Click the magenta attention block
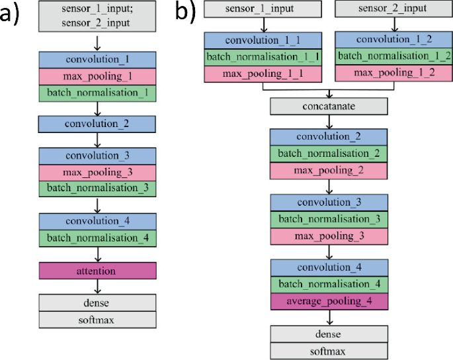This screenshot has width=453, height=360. pos(97,271)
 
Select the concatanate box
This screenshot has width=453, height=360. pos(328,106)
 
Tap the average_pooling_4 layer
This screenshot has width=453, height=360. pos(328,302)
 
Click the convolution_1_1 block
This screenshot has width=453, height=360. pos(263,40)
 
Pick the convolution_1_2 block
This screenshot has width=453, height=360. pos(393,40)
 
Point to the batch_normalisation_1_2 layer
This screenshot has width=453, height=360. pos(393,56)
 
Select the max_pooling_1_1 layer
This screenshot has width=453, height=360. pos(263,72)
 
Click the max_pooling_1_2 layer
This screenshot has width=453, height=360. pos(393,72)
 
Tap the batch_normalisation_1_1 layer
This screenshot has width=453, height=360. pos(263,56)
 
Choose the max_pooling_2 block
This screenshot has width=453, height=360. pos(328,170)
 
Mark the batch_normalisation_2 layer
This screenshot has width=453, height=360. pos(328,154)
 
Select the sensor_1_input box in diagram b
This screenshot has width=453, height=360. pos(263,9)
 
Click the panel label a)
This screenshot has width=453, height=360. pos(15,13)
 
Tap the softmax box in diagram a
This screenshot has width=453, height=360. pos(97,320)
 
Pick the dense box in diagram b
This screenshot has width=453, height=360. pos(328,334)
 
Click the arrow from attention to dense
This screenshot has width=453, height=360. pos(97,286)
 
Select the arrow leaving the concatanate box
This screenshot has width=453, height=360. pos(328,121)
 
